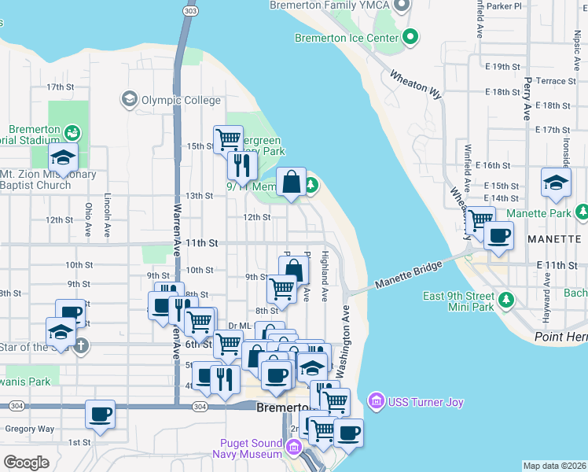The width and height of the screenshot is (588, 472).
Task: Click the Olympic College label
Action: [170, 100]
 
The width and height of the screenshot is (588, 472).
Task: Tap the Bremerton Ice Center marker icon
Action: [410, 37]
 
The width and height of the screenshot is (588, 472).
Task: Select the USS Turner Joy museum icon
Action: [376, 403]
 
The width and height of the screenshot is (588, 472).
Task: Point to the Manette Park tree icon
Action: [582, 212]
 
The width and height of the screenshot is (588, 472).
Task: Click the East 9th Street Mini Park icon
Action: [507, 300]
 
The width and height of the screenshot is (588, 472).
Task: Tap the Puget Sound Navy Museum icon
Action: [294, 448]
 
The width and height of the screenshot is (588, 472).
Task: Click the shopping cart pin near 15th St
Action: [228, 139]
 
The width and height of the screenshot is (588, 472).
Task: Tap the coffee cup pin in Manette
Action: [498, 234]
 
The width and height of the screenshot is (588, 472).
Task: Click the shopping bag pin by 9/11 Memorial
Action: [292, 182]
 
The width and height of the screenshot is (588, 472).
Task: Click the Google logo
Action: [26, 462]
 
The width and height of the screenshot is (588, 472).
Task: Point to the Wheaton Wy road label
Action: [415, 83]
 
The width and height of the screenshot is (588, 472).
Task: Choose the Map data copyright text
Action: [554, 466]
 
